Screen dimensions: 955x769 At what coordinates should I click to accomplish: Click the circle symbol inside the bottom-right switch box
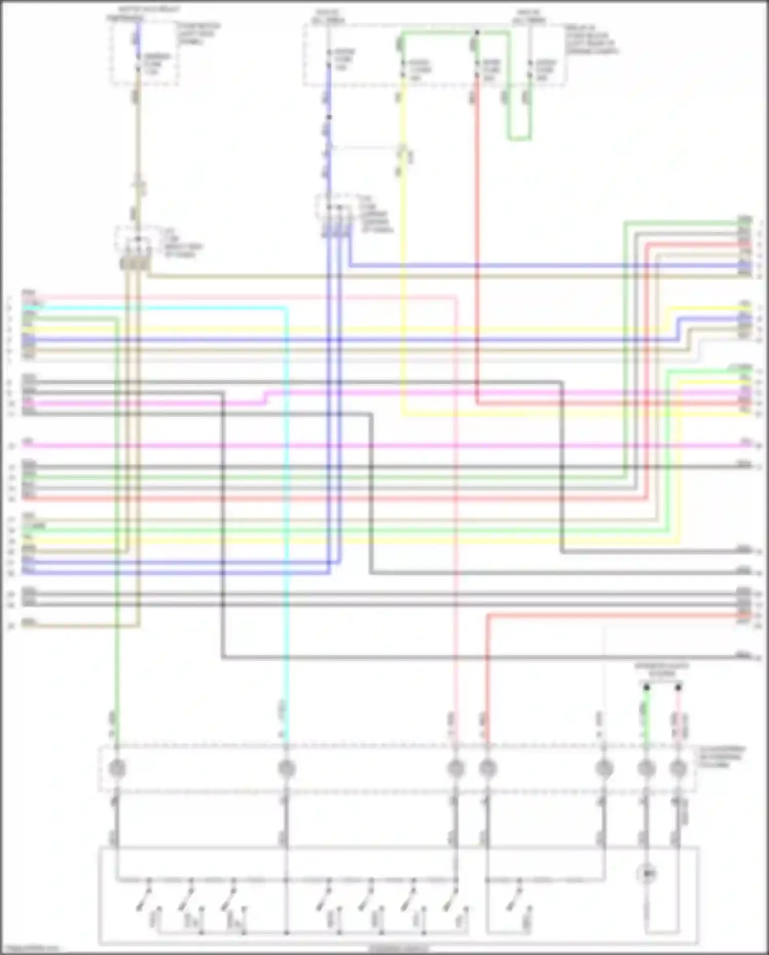[x=647, y=873]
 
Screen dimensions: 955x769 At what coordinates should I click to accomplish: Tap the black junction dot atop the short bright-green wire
[x=646, y=687]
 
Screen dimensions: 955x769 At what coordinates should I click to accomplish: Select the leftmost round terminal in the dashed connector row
[x=117, y=768]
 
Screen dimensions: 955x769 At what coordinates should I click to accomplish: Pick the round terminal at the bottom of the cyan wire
[x=286, y=768]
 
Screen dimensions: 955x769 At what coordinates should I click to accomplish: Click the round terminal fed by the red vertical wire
[x=488, y=768]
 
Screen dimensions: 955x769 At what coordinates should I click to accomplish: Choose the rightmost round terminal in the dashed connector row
[x=678, y=768]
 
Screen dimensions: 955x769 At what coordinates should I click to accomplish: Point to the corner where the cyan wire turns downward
[x=285, y=308]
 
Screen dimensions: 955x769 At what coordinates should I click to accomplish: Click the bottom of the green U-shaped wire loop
[x=519, y=139]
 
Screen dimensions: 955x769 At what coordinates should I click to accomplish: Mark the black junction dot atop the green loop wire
[x=477, y=32]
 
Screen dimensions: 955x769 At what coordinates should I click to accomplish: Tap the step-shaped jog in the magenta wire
[x=266, y=398]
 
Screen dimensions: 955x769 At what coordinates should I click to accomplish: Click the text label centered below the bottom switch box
[x=398, y=949]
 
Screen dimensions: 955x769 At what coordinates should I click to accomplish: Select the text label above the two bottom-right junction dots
[x=662, y=669]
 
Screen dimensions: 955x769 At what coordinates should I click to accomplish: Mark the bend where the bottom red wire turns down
[x=487, y=615]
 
